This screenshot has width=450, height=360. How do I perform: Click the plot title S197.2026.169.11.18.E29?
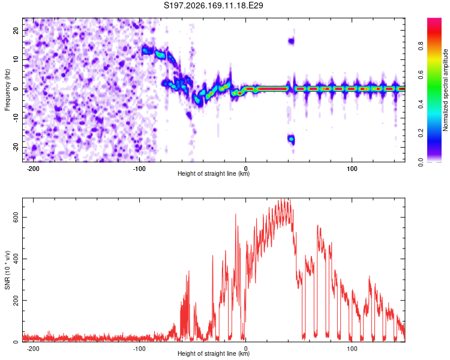click(213, 5)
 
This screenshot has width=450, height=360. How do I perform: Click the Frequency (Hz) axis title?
click(7, 90)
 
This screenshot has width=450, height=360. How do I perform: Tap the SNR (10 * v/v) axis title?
click(7, 270)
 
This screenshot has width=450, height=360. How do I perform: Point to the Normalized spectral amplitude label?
click(445, 90)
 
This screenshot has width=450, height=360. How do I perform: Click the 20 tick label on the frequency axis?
click(16, 30)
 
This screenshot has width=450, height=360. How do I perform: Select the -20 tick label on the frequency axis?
click(16, 147)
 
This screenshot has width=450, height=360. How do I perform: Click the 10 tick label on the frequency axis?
click(16, 59)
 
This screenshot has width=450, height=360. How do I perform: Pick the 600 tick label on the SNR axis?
click(16, 217)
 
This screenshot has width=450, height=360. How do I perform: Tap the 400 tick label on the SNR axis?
click(16, 259)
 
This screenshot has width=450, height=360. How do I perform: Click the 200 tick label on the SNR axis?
click(16, 300)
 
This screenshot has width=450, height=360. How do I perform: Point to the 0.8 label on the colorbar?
click(421, 46)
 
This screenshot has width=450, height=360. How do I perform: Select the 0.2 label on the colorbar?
click(421, 133)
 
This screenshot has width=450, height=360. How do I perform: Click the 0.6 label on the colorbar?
click(421, 75)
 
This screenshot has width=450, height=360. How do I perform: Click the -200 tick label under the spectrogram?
click(33, 169)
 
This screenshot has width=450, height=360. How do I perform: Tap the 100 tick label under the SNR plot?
click(352, 349)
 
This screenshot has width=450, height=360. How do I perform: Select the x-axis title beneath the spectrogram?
click(214, 173)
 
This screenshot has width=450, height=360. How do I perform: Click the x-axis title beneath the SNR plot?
click(214, 353)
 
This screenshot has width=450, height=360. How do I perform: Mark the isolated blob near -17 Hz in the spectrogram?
click(292, 140)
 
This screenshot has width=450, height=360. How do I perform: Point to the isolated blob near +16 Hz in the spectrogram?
click(291, 41)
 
